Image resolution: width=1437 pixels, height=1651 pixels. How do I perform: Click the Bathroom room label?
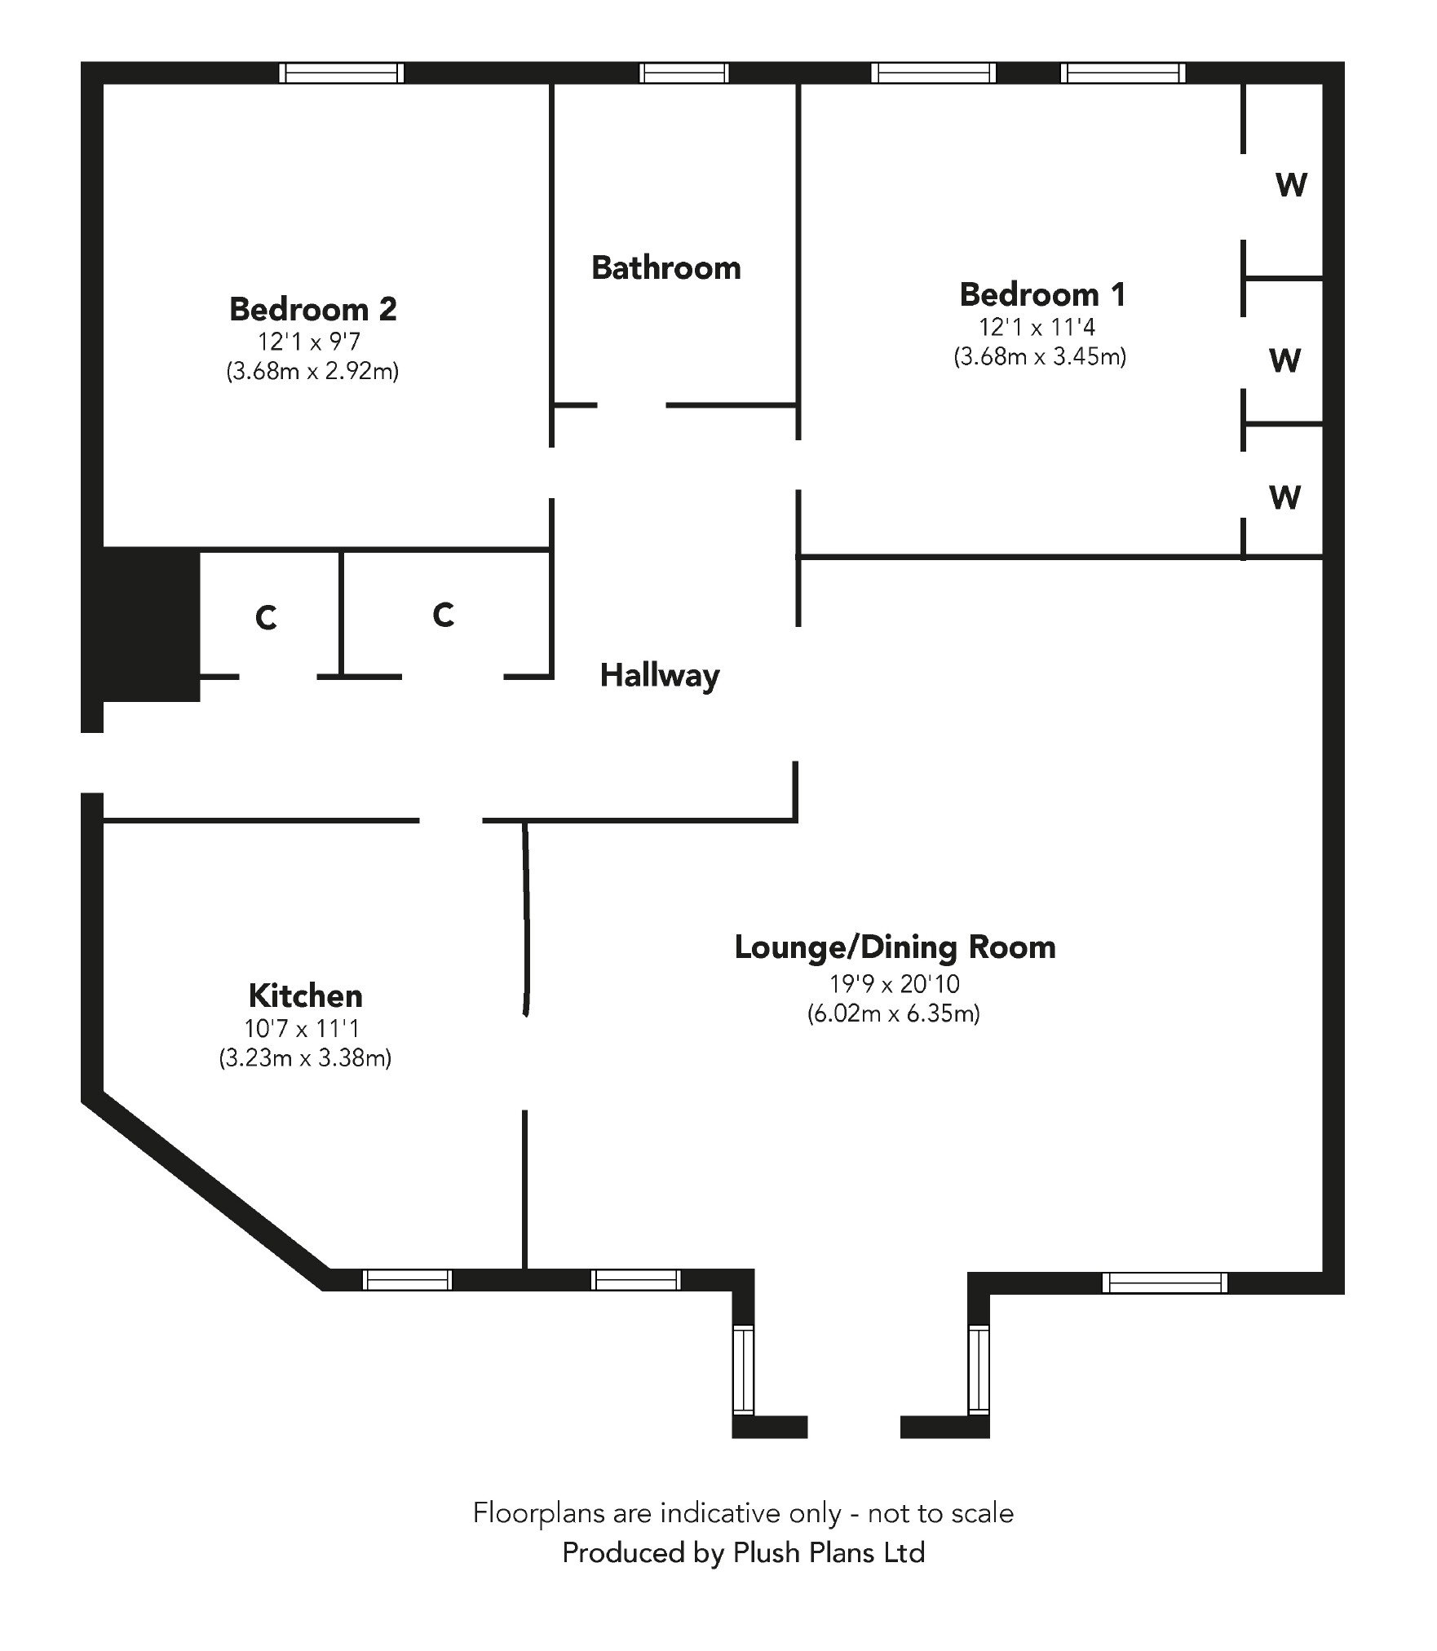point(665,268)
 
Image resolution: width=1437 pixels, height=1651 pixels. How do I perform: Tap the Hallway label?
point(660,676)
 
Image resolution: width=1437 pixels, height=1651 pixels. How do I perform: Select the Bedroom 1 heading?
point(1042,294)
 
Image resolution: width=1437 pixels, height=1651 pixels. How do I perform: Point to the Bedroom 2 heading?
point(312,309)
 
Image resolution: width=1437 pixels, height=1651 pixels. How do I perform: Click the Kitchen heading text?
point(305,995)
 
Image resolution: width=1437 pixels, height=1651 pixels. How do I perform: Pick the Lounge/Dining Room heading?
point(895,947)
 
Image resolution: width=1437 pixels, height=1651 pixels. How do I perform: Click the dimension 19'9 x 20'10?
point(895,984)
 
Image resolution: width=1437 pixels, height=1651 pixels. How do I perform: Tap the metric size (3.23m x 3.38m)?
point(305,1058)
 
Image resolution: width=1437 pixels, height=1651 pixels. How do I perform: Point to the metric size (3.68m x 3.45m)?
point(1040,356)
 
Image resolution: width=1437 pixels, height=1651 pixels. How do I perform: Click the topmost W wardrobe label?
point(1291,186)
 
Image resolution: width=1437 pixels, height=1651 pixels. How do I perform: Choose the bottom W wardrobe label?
point(1284,497)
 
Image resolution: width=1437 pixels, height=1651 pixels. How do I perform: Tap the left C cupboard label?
point(266,619)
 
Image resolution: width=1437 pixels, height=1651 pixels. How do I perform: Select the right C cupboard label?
point(443,615)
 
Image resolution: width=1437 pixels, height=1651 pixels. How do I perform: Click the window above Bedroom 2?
point(341,73)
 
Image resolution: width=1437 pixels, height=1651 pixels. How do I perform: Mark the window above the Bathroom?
point(683,73)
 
